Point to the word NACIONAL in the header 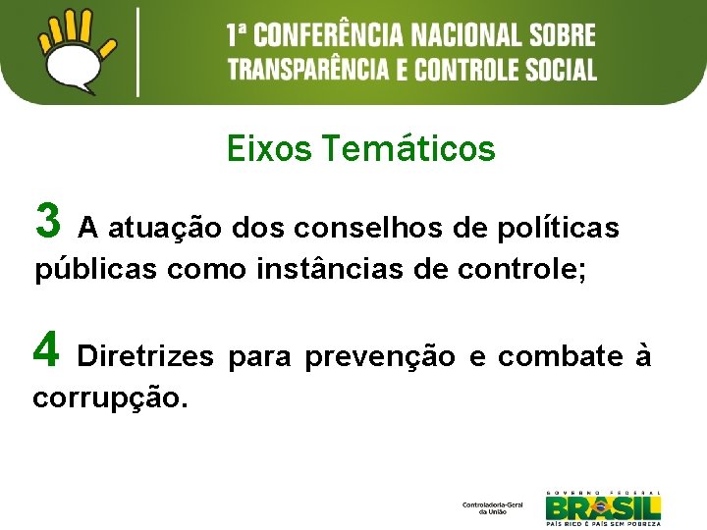[x=463, y=37]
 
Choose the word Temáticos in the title [x=408, y=149]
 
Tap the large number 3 [x=47, y=220]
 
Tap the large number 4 [x=45, y=348]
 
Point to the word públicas [x=96, y=270]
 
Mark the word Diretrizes [x=144, y=356]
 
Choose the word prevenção [x=380, y=356]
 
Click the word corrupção [x=110, y=397]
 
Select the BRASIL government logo [x=603, y=506]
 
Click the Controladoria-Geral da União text [x=493, y=507]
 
